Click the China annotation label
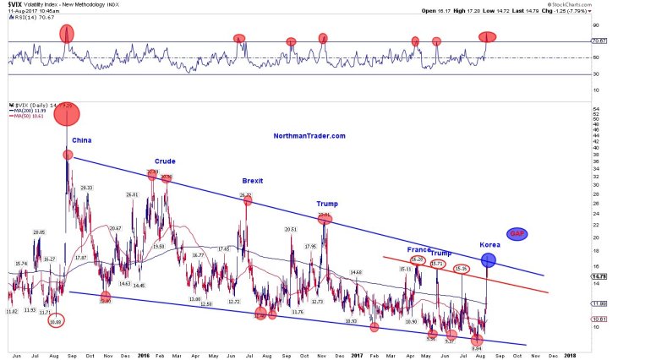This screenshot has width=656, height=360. pos(82,140)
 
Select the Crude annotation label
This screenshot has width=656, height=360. pos(164,161)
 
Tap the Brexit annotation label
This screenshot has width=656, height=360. pos(253,181)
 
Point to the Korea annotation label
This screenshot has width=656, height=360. pos(489,244)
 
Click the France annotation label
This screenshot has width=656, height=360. pos(418,250)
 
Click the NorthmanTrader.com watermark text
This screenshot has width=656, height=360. pos(309,135)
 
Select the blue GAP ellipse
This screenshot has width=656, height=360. pos(517,233)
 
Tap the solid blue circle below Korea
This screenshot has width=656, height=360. pos(488,260)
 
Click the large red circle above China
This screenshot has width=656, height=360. pos(67,114)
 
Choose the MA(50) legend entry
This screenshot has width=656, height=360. pos(21,116)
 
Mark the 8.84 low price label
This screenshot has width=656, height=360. pos(477,348)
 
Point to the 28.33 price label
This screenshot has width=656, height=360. pos(85,188)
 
